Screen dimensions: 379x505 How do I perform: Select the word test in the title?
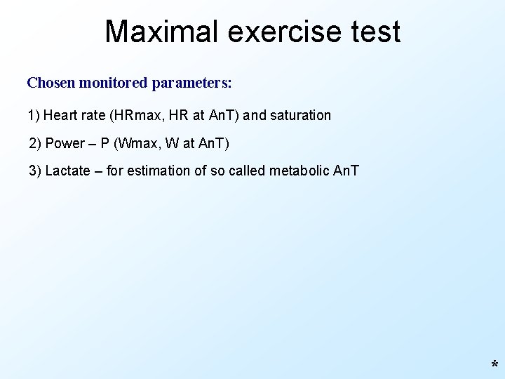click(x=377, y=32)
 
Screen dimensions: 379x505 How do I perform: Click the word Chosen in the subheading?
click(x=51, y=83)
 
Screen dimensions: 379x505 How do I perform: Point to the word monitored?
click(x=113, y=83)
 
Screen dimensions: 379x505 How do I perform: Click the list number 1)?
click(x=34, y=115)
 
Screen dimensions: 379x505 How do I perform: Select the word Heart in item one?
click(x=59, y=115)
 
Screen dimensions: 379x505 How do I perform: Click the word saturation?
click(x=302, y=115)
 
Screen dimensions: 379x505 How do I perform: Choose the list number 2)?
click(x=35, y=144)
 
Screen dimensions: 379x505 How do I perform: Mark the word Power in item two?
click(x=65, y=144)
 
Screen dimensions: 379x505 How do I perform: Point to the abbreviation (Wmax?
click(x=140, y=144)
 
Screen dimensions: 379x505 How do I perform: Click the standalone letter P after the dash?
click(x=105, y=144)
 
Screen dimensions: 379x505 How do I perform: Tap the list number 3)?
click(x=35, y=171)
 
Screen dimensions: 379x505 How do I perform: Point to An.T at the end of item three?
click(x=345, y=171)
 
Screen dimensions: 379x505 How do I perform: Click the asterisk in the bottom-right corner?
click(x=494, y=366)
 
